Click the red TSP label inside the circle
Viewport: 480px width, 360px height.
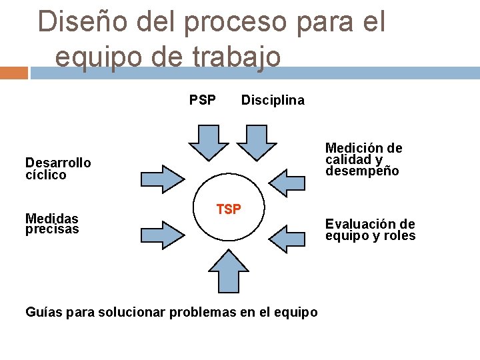[229, 209]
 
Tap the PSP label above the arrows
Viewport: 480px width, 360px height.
[203, 101]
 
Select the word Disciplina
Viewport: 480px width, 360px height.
[273, 101]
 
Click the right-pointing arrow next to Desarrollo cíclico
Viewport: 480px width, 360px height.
[162, 178]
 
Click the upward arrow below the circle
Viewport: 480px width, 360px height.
[229, 275]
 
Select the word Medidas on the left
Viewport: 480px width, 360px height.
[51, 219]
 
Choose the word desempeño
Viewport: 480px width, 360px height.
[362, 171]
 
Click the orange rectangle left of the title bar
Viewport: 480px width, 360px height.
[13, 72]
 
